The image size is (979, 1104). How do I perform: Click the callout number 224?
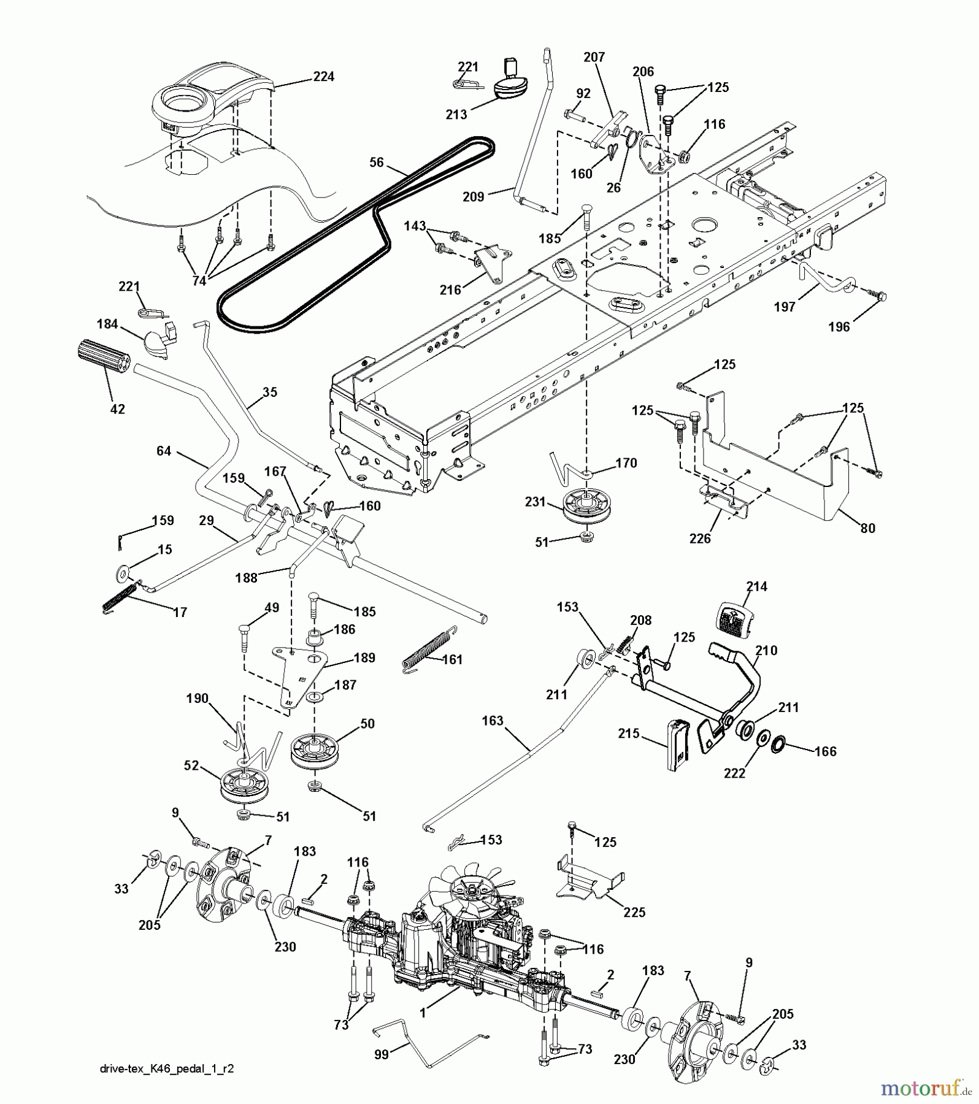[x=323, y=77]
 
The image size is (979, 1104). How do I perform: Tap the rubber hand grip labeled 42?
[x=104, y=357]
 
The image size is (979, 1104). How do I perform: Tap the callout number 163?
[x=493, y=721]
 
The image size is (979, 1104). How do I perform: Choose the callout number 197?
[x=785, y=307]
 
